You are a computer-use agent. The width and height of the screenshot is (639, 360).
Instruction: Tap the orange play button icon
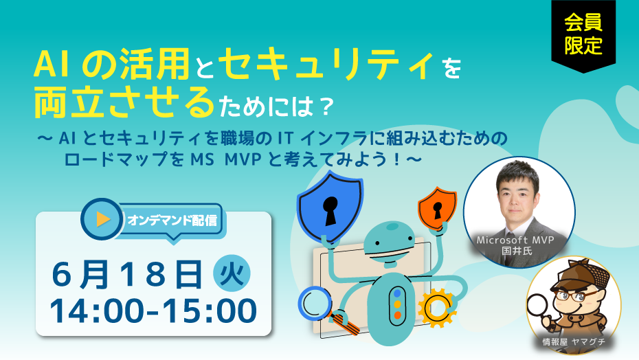pyautogui.click(x=102, y=219)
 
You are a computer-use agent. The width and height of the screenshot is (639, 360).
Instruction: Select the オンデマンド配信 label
pyautogui.click(x=172, y=221)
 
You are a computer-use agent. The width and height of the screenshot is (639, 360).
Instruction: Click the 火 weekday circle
pyautogui.click(x=232, y=273)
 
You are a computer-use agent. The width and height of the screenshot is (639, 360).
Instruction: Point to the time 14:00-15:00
pyautogui.click(x=153, y=311)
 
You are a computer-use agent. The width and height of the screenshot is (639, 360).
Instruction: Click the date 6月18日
pyautogui.click(x=127, y=274)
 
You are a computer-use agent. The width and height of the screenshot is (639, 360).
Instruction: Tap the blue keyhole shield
pyautogui.click(x=330, y=206)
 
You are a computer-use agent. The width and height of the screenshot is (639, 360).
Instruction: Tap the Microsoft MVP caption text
pyautogui.click(x=515, y=240)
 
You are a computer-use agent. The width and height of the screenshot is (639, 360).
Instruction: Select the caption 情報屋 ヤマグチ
pyautogui.click(x=574, y=342)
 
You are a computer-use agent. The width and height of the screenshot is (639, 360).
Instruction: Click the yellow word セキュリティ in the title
pyautogui.click(x=327, y=65)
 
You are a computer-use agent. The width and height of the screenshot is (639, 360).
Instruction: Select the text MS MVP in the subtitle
pyautogui.click(x=225, y=159)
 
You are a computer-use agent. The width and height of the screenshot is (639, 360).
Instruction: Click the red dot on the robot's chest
pyautogui.click(x=397, y=315)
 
